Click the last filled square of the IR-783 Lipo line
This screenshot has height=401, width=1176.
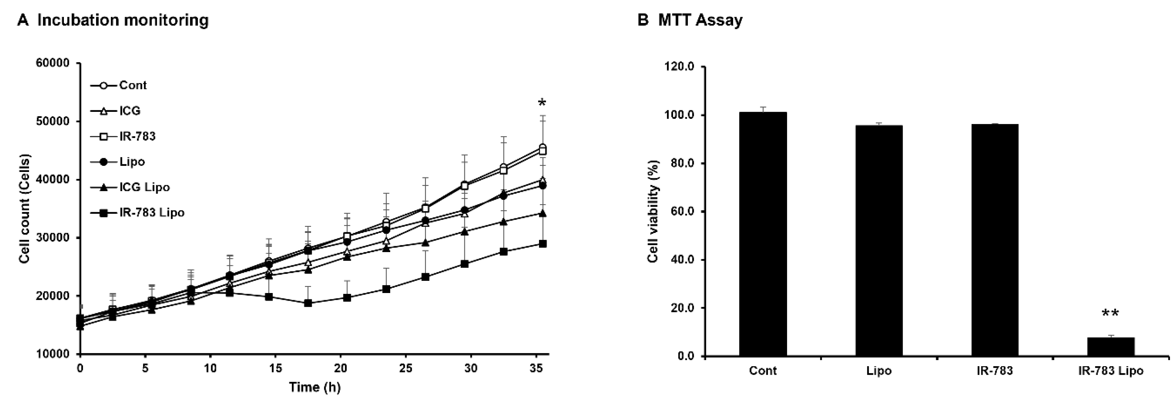(542, 244)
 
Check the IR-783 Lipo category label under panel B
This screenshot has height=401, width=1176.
(1110, 371)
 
